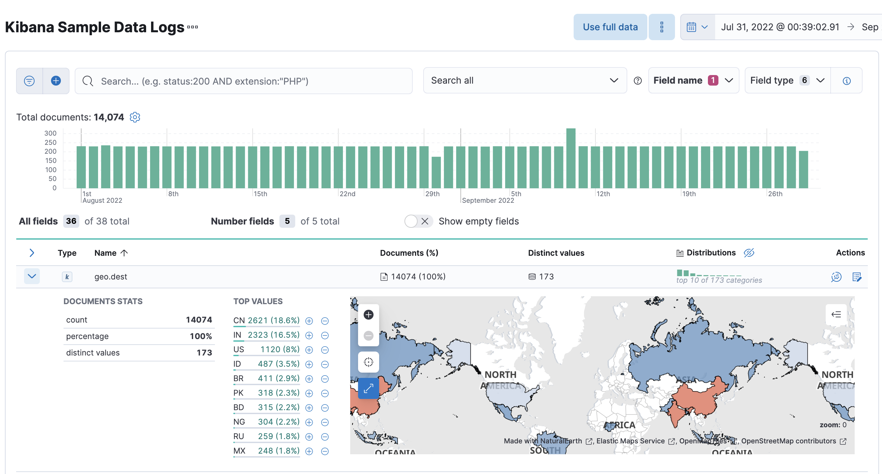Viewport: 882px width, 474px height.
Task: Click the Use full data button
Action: click(x=610, y=27)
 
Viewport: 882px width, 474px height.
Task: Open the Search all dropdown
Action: click(x=525, y=81)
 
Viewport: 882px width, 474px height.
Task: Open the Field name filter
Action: click(x=693, y=81)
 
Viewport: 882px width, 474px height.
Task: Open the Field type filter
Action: click(x=787, y=81)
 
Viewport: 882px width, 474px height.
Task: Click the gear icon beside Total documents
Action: click(x=135, y=117)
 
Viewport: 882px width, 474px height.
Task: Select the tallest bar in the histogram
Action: click(x=570, y=158)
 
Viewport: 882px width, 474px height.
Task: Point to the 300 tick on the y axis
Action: click(x=50, y=133)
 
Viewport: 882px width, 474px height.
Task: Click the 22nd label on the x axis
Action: click(x=347, y=194)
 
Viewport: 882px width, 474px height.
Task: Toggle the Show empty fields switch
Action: click(x=417, y=221)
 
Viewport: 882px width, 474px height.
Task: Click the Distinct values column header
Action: click(x=556, y=253)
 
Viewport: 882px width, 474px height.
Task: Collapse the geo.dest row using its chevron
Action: click(x=32, y=276)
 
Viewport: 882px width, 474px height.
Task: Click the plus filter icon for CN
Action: click(x=309, y=321)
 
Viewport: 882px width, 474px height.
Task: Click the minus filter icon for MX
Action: click(x=325, y=451)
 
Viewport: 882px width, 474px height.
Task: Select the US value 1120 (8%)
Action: click(x=279, y=349)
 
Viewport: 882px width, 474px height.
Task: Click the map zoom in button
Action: click(x=368, y=315)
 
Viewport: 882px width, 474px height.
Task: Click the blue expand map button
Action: click(x=368, y=388)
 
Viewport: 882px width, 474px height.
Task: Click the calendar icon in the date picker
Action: click(x=691, y=27)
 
